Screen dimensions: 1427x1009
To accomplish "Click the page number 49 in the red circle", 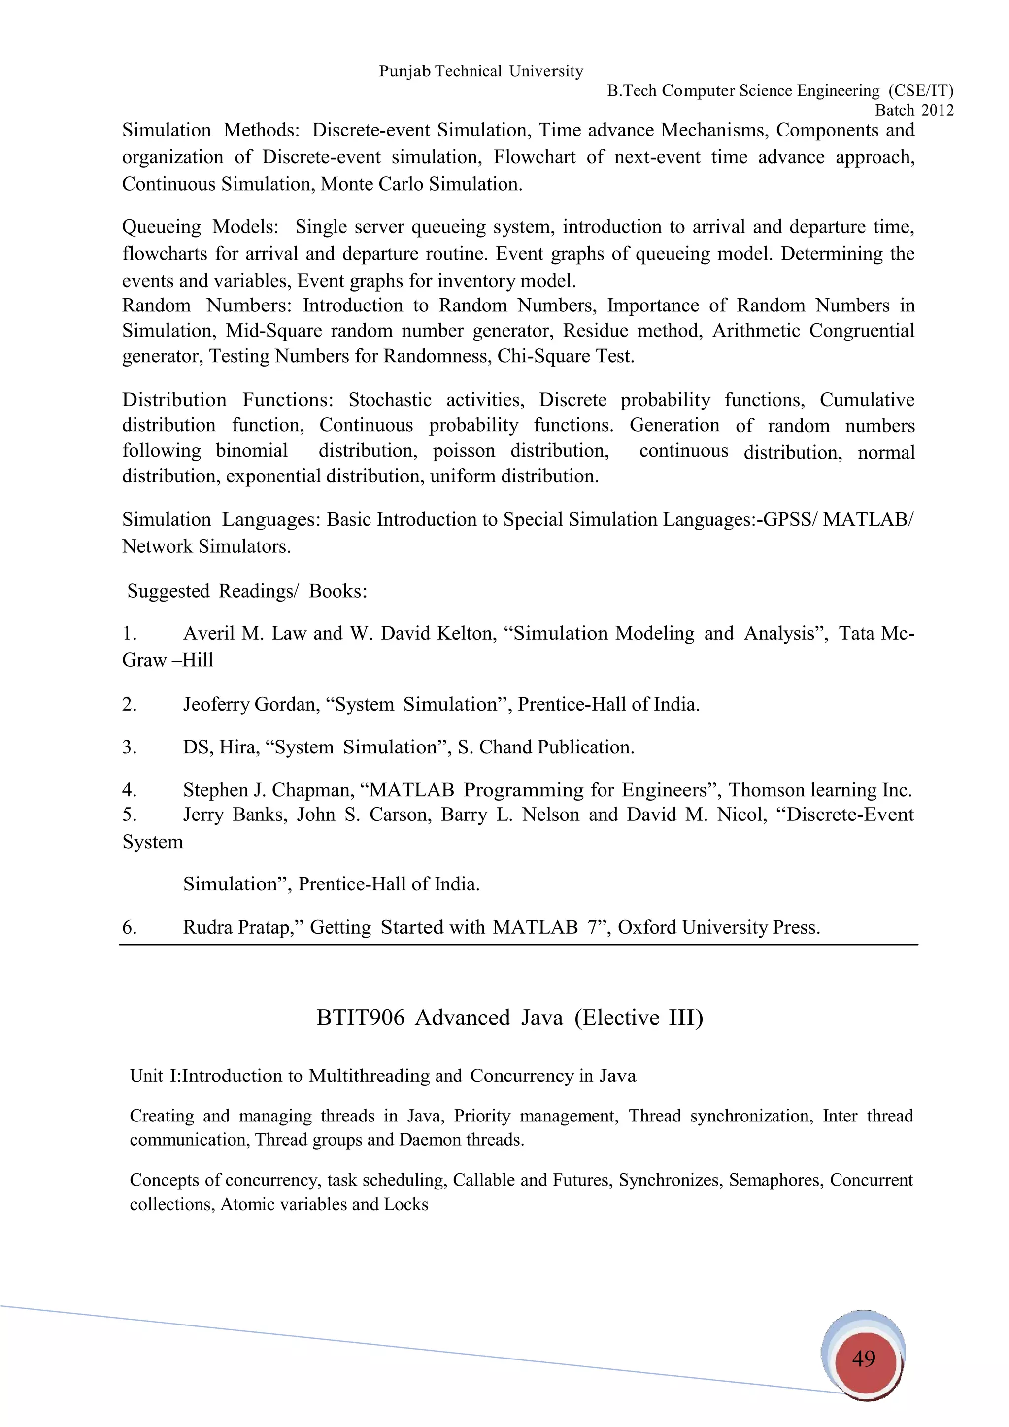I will click(x=864, y=1359).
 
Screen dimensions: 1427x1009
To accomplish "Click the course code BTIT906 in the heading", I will click(x=360, y=1018).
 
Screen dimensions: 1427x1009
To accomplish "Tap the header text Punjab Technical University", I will click(x=481, y=71).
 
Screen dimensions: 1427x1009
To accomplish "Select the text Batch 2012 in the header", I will click(x=914, y=111).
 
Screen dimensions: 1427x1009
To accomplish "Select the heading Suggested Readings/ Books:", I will click(x=247, y=591).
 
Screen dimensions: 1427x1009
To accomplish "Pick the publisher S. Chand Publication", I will click(x=545, y=747).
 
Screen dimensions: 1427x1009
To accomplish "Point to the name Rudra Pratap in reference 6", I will click(x=237, y=928).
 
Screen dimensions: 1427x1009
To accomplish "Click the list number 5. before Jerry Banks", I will click(x=129, y=815).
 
